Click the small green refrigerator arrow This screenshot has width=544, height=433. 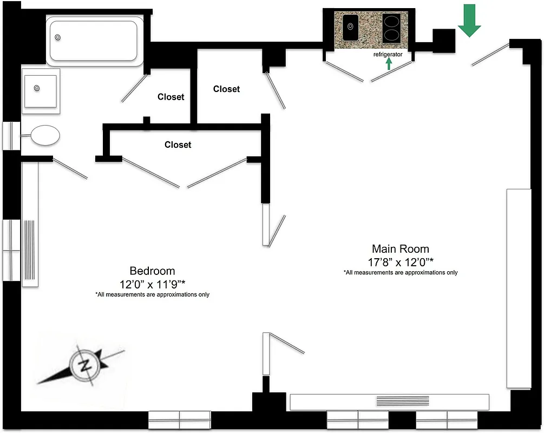click(389, 64)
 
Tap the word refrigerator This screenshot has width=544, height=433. click(388, 55)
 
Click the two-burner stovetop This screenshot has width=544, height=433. click(393, 28)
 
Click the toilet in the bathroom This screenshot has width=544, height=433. click(44, 135)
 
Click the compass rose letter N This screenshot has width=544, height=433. click(85, 365)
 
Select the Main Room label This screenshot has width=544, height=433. click(400, 249)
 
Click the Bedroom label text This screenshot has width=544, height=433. click(152, 271)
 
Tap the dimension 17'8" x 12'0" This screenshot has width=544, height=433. click(400, 262)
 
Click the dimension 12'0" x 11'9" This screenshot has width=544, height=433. click(152, 284)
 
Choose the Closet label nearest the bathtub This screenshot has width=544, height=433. click(171, 97)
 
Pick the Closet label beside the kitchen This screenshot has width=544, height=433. click(226, 89)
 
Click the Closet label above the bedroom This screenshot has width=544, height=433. click(178, 145)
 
